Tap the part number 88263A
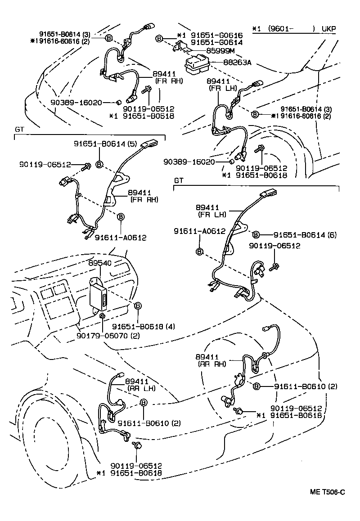tap(237, 63)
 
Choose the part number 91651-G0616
tap(216, 35)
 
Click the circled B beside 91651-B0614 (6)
tap(256, 235)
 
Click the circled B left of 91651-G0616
tap(159, 39)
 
